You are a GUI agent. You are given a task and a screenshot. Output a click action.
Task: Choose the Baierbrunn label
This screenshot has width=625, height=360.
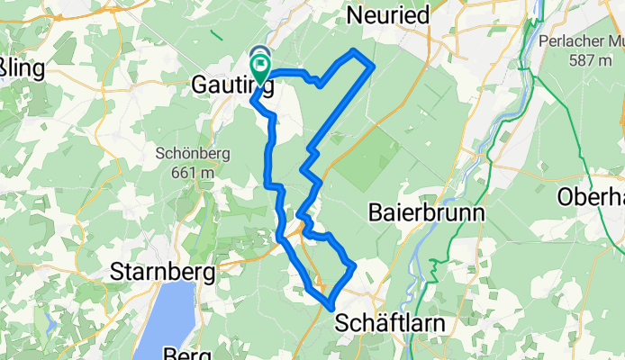pyautogui.click(x=427, y=213)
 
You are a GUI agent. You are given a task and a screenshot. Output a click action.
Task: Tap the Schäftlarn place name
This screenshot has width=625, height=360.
pyautogui.click(x=385, y=321)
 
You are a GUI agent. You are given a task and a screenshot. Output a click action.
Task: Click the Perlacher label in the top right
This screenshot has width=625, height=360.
pyautogui.click(x=576, y=41)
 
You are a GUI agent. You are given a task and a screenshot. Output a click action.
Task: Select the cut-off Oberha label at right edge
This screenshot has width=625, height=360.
pyautogui.click(x=591, y=195)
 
